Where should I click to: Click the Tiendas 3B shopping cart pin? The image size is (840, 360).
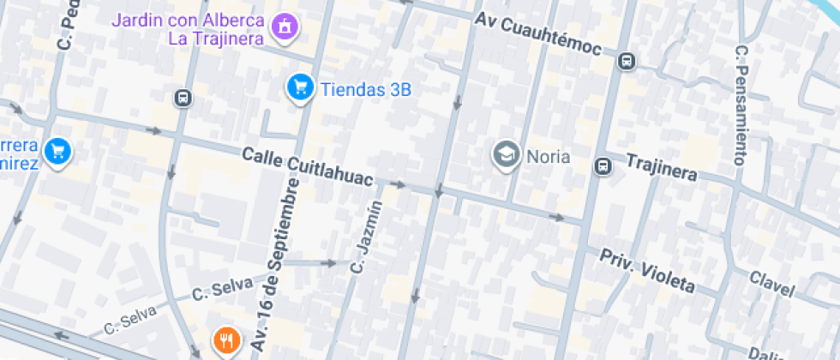coord(299,87)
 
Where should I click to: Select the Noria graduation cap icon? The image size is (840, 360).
coord(506,155)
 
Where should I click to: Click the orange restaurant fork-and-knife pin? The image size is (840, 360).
coord(226,341)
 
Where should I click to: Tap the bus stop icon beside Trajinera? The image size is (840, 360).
coord(603,165)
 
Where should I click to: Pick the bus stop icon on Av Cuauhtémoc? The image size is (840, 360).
coord(627,62)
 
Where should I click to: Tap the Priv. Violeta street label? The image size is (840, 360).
coord(646,271)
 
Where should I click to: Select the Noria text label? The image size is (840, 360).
coord(549,156)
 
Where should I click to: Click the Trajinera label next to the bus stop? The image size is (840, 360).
coord(661,167)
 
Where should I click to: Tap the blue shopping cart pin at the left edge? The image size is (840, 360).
coord(57,152)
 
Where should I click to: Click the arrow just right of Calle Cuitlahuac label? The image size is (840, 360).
coord(397,184)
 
